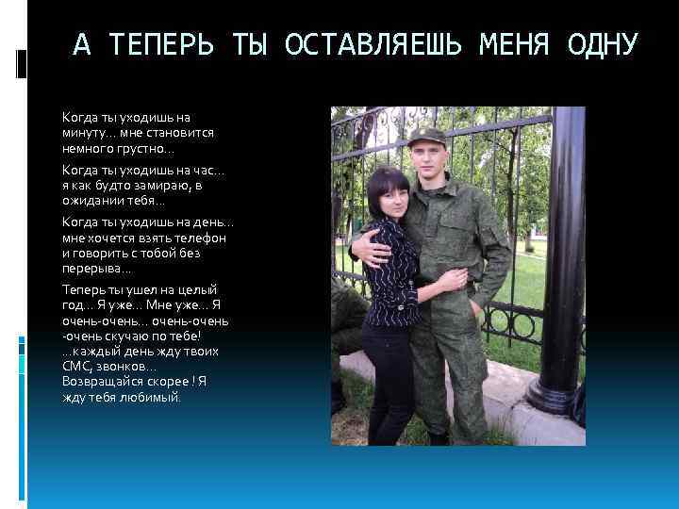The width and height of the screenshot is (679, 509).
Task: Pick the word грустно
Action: click(x=143, y=148)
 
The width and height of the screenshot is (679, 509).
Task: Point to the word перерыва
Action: click(x=93, y=269)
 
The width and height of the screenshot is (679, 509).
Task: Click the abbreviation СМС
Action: click(x=76, y=366)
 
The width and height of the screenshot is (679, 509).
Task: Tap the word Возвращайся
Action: click(x=104, y=382)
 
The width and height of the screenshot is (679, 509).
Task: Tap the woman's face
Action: click(x=390, y=201)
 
